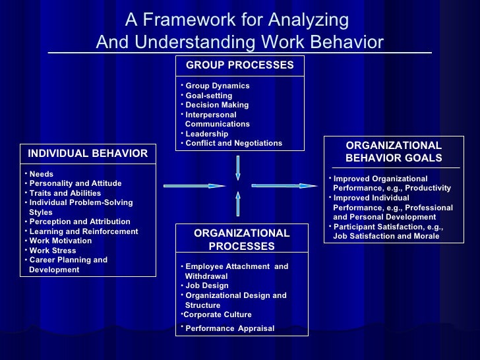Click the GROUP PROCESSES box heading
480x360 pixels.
tap(239, 65)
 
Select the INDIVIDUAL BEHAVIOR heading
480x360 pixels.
tap(88, 154)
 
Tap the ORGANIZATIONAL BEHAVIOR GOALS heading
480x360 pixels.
tap(394, 152)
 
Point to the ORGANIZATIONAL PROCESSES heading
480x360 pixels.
tap(241, 239)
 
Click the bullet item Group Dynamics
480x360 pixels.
tap(217, 86)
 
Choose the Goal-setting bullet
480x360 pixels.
tap(208, 96)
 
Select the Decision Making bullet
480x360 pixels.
tap(217, 105)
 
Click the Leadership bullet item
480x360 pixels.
tap(206, 134)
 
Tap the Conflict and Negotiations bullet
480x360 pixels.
tap(233, 143)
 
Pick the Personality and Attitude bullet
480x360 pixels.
tap(75, 183)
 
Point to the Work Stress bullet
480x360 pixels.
tap(52, 251)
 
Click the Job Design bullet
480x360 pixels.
tap(206, 285)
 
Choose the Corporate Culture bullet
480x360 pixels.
tap(217, 315)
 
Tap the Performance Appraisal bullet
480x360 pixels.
tap(229, 328)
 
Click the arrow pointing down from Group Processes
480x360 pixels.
tap(238, 167)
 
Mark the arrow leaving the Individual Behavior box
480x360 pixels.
tap(195, 186)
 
